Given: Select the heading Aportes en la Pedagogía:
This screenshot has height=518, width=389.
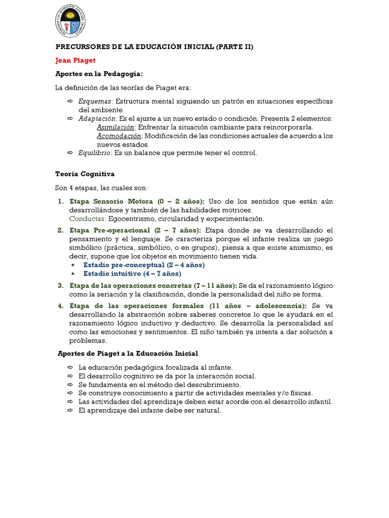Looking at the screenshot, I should (95, 74).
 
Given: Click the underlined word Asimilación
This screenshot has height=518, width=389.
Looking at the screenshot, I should (115, 127).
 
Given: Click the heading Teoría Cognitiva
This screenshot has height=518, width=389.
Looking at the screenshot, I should (85, 174).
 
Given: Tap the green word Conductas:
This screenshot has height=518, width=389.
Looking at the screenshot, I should (88, 219).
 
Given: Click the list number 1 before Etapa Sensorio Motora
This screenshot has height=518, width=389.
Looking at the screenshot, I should (60, 201).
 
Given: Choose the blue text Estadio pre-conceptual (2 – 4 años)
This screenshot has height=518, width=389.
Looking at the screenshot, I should (144, 265).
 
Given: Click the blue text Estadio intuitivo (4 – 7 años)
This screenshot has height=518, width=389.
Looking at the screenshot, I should (132, 274).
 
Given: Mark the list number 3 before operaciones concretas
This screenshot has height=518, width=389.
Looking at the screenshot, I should (60, 286).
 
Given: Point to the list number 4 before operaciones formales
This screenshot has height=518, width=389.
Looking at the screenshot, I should (60, 306).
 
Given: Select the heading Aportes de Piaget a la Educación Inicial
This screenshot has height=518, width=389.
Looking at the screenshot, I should (128, 353).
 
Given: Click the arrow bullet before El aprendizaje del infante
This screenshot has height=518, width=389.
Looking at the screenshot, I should (70, 411).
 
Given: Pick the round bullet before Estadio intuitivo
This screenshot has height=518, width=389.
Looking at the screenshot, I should (74, 274).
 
